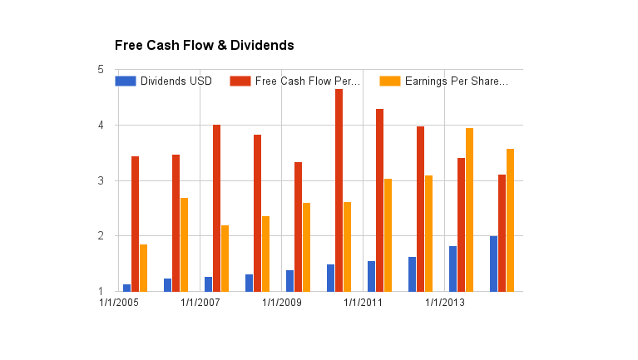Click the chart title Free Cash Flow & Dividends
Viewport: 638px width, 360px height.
pos(204,45)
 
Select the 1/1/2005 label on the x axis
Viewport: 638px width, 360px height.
pos(119,303)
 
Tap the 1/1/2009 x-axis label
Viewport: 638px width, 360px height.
pos(282,303)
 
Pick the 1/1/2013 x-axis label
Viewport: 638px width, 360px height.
pos(445,303)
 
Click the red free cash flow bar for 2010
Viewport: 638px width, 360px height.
pos(339,190)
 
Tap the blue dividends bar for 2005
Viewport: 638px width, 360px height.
pos(127,288)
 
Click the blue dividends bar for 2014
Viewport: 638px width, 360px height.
pos(494,264)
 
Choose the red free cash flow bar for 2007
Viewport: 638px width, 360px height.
pos(216,208)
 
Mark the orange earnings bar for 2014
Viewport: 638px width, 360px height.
pos(510,220)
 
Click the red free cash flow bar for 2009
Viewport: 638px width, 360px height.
pos(298,227)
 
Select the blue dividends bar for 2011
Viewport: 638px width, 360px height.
pos(372,276)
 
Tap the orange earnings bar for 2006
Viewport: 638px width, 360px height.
pos(184,244)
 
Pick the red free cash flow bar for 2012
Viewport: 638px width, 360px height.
pos(420,209)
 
